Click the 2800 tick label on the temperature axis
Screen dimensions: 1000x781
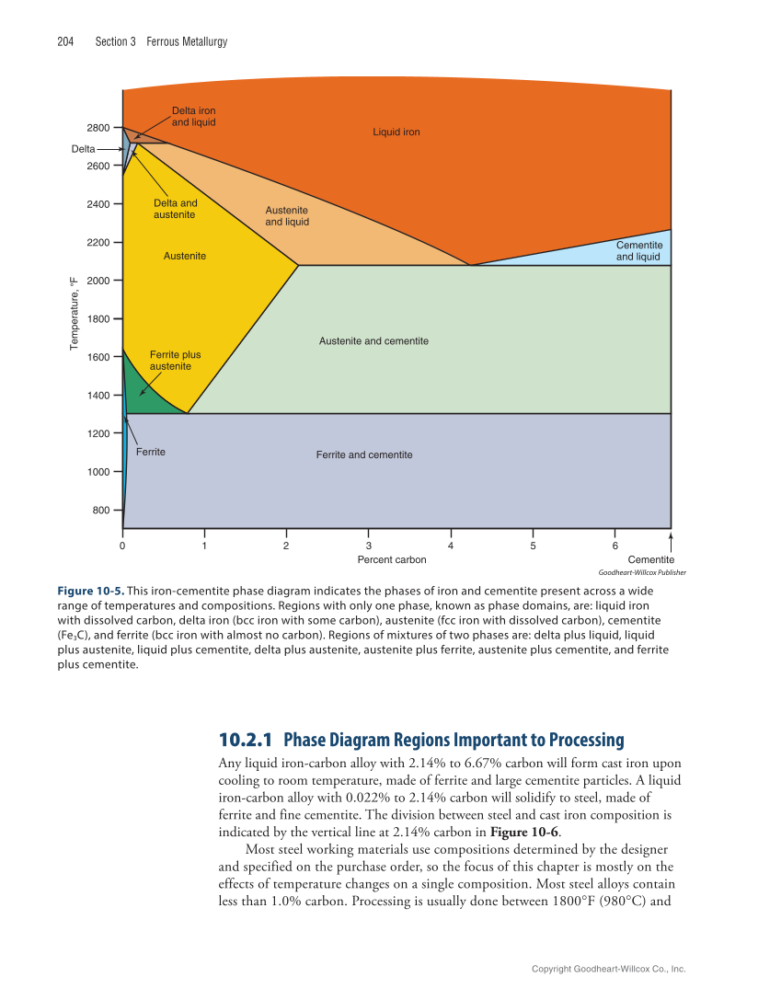(x=98, y=127)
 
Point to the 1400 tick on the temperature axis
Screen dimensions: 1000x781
(x=98, y=395)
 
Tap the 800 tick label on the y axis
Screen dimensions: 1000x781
(x=101, y=510)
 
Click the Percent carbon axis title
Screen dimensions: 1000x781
(x=391, y=559)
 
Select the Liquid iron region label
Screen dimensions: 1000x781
(x=396, y=132)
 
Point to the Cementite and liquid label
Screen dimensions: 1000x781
(x=638, y=251)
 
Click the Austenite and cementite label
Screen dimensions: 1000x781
(x=373, y=341)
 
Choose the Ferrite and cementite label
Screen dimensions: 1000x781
(x=364, y=455)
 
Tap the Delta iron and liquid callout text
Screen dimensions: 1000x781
(x=193, y=116)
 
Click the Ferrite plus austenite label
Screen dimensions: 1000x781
(x=175, y=360)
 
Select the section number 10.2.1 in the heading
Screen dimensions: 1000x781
(x=247, y=740)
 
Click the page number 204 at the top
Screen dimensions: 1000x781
(x=65, y=41)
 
